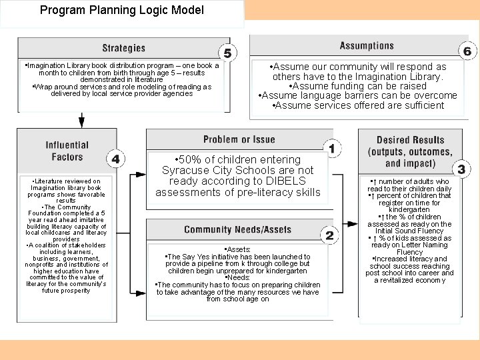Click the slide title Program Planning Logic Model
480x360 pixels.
121,11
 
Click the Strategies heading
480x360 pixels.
123,48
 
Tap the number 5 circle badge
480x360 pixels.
228,53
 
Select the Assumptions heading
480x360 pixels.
367,45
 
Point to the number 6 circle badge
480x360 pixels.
467,51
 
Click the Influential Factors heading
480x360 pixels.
67,151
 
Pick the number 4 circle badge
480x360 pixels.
116,159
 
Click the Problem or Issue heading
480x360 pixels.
239,139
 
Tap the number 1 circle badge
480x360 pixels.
331,147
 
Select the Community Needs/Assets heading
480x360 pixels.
237,230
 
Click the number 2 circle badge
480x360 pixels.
329,235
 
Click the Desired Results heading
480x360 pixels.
410,151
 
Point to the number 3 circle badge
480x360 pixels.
461,169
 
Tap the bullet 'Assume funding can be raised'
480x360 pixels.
358,86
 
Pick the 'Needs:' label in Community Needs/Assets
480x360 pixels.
238,278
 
